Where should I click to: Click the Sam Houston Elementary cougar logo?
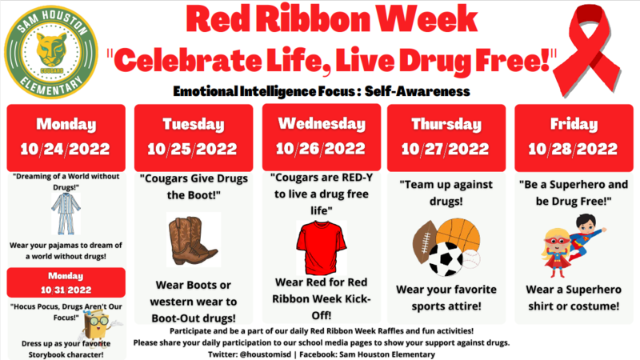[x=51, y=52]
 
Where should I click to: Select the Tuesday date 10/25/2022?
[x=192, y=149]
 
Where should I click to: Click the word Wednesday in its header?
[x=322, y=124]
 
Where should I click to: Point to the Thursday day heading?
[x=446, y=124]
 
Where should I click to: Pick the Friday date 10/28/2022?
[x=573, y=149]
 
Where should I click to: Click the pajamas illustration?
[x=66, y=214]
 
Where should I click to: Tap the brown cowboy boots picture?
[x=194, y=240]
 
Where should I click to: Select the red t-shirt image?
[x=322, y=247]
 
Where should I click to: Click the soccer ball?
[x=446, y=259]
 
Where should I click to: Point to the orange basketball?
[x=458, y=235]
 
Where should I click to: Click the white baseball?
[x=471, y=258]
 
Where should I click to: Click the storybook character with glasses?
[x=98, y=325]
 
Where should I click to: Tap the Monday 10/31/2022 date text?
[x=66, y=290]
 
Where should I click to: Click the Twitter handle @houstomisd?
[x=265, y=354]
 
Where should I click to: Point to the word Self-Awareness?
[x=417, y=91]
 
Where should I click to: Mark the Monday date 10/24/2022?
[x=66, y=149]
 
